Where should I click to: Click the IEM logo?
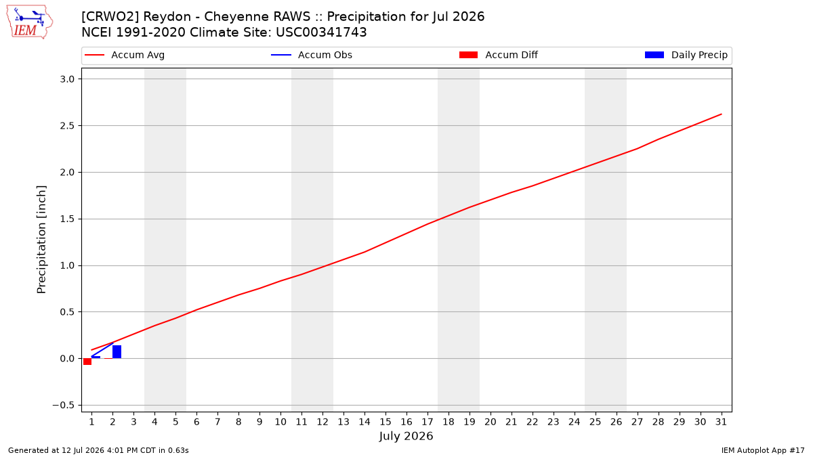(x=29, y=22)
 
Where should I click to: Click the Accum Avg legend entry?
(x=125, y=55)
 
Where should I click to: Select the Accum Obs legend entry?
(x=312, y=55)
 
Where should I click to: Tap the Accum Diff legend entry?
(x=499, y=55)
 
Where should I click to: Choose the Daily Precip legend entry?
(x=686, y=55)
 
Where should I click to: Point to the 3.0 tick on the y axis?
(x=67, y=79)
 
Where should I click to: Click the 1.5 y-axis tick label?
(x=67, y=219)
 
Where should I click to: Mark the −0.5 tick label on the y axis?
(x=64, y=406)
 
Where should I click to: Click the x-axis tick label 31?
(x=721, y=422)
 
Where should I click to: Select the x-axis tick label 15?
(x=385, y=422)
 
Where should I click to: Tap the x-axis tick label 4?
(x=154, y=422)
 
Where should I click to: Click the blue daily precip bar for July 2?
(x=117, y=352)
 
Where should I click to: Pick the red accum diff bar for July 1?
(x=87, y=362)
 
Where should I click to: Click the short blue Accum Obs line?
(x=102, y=350)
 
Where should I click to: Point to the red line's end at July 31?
(x=721, y=114)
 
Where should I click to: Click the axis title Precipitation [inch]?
(x=41, y=240)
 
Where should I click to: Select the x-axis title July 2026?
(x=406, y=436)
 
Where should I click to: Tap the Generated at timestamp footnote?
(x=98, y=450)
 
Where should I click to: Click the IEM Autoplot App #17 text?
(x=763, y=450)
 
